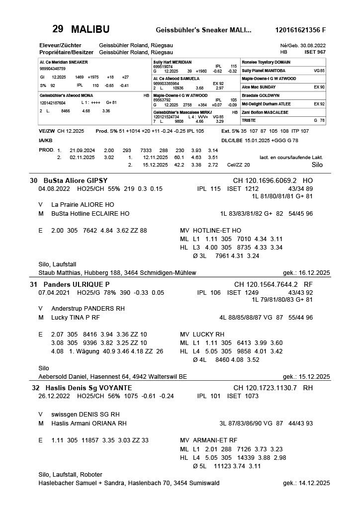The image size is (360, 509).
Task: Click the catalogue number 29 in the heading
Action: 58,29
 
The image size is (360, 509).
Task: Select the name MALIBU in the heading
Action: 90,29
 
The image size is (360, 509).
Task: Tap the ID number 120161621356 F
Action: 300,30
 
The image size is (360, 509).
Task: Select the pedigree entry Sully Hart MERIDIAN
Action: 172,62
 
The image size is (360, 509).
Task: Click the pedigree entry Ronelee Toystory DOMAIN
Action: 266,62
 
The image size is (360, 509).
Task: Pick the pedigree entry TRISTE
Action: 249,120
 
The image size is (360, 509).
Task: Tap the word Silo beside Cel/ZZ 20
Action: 317,164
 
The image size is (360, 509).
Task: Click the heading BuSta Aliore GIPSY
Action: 76,180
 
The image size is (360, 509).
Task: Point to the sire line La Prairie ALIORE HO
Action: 83,204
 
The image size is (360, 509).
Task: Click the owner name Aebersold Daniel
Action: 62,376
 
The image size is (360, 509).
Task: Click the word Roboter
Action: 91,474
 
